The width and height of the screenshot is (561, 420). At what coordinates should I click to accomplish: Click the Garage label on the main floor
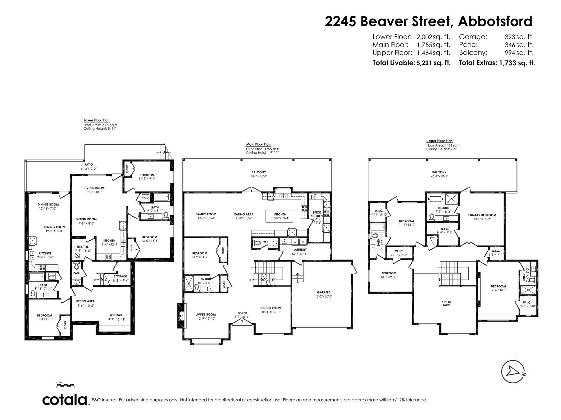(323, 292)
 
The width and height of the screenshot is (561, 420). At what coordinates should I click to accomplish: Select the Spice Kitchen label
(317, 214)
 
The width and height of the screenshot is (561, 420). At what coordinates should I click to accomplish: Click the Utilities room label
(83, 247)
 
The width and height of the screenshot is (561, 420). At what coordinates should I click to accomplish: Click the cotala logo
(65, 400)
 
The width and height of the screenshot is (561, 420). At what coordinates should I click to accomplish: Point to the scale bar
(65, 385)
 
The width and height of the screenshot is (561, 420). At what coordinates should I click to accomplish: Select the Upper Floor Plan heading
(439, 141)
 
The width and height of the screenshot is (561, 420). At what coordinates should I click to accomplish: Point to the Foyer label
(242, 313)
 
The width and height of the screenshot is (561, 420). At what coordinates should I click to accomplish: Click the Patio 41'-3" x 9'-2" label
(88, 166)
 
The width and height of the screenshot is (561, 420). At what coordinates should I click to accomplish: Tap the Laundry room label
(300, 250)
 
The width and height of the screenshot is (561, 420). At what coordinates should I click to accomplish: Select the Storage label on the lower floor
(120, 276)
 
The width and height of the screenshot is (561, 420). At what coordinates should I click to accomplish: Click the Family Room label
(206, 214)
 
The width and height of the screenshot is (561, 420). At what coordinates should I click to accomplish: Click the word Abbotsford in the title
(495, 21)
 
